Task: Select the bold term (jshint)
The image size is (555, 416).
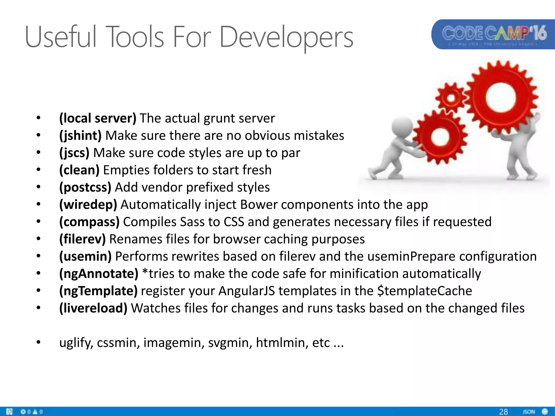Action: click(80, 135)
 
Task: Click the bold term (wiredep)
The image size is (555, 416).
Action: click(88, 204)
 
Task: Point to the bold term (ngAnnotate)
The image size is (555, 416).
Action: click(99, 274)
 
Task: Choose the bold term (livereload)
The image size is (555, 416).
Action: click(93, 308)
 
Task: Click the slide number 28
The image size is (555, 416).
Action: click(503, 412)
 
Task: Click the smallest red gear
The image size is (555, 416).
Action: click(451, 98)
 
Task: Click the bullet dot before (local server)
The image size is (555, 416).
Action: click(38, 118)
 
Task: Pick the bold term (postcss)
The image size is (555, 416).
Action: click(85, 187)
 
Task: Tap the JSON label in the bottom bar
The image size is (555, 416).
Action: click(529, 412)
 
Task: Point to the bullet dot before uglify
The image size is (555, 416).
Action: click(38, 343)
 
